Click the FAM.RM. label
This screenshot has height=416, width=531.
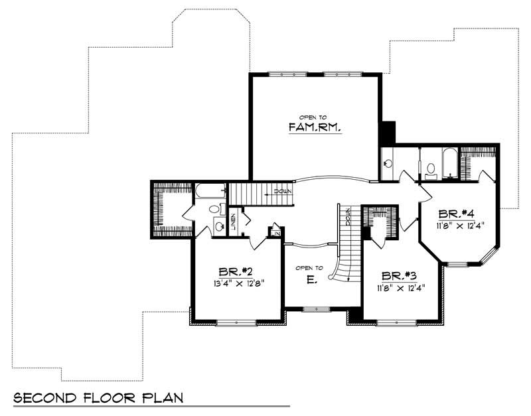315,127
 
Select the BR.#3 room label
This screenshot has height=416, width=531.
398,275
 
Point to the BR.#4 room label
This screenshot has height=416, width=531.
457,214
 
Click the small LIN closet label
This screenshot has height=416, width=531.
276,232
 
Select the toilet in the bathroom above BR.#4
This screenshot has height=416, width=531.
431,170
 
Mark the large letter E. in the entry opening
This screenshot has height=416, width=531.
311,280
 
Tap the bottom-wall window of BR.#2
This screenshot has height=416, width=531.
236,323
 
